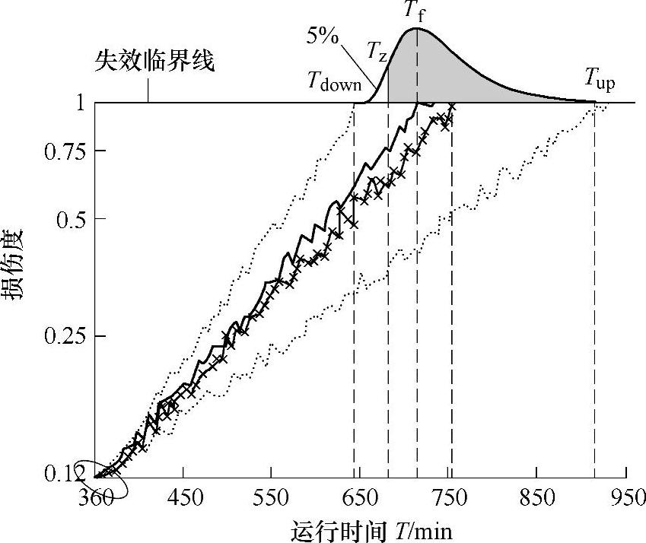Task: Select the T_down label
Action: [334, 81]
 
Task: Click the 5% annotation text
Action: [323, 36]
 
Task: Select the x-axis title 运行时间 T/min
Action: [371, 529]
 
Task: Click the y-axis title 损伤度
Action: [17, 265]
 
